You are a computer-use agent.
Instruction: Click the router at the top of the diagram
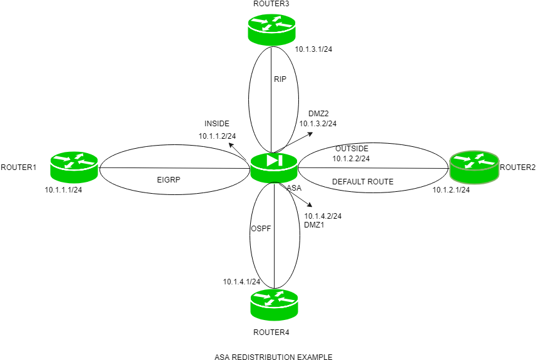click(x=271, y=29)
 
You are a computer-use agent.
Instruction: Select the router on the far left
click(x=74, y=167)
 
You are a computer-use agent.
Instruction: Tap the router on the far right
click(x=474, y=167)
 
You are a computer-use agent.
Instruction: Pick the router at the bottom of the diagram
click(x=274, y=304)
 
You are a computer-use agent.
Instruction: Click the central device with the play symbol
click(x=274, y=167)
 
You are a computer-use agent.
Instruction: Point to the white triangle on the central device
click(x=271, y=161)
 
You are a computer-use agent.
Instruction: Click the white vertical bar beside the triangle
click(x=280, y=161)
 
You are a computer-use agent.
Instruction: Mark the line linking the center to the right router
click(x=375, y=167)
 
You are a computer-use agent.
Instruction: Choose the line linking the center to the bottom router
click(x=274, y=237)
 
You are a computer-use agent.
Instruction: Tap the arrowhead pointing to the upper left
click(x=231, y=145)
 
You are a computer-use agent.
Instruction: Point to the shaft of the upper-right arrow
click(x=294, y=142)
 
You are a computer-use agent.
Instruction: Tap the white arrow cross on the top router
click(x=271, y=24)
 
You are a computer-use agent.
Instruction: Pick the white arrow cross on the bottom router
click(x=274, y=299)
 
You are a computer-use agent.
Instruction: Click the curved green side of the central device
click(x=274, y=176)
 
